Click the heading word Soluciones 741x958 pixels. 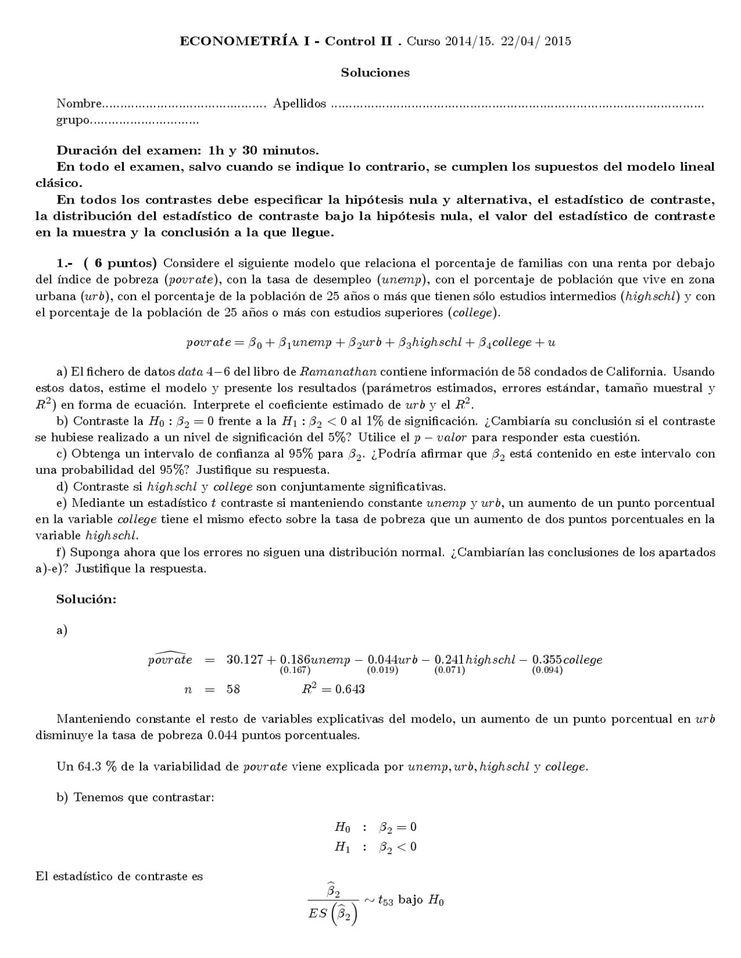pos(375,73)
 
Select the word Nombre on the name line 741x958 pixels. pos(79,104)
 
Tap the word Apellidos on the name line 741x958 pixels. pos(299,104)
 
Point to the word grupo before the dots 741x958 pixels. pos(73,120)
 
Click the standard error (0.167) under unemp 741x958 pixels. pos(295,670)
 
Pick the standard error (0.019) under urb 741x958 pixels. pos(383,670)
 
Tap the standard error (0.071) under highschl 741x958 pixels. pos(450,670)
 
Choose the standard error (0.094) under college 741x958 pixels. pos(547,670)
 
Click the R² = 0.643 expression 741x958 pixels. pos(333,689)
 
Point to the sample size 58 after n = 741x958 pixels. pos(233,690)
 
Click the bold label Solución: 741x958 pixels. pos(86,599)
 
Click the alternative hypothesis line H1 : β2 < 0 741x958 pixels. pos(375,848)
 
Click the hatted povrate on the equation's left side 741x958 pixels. pos(170,659)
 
